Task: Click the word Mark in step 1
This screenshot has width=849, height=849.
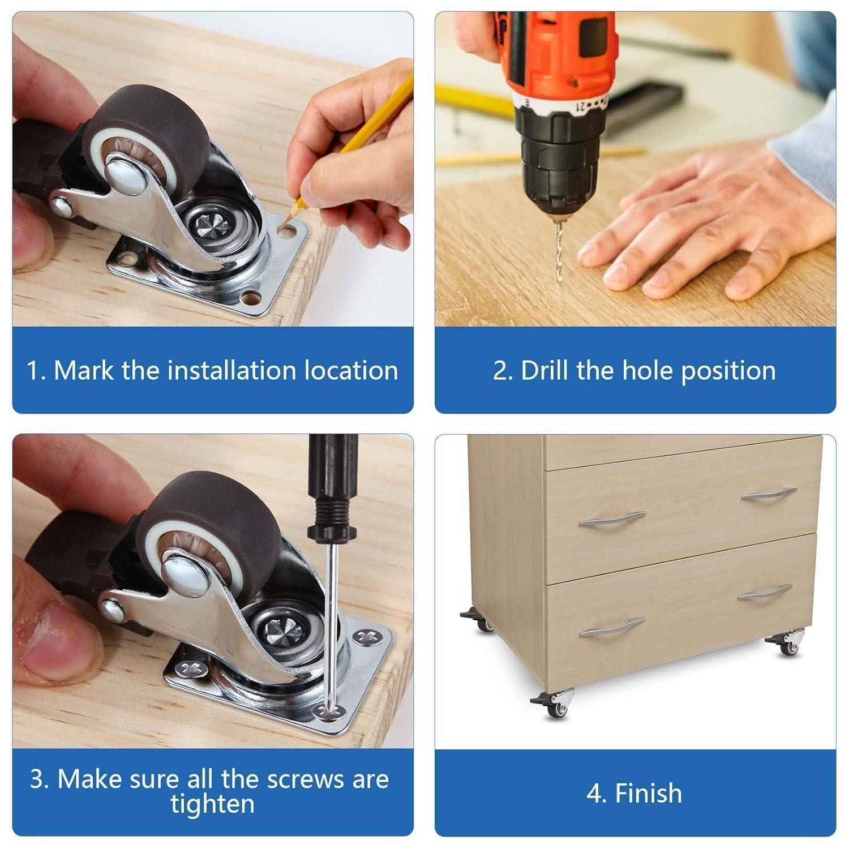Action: click(x=84, y=371)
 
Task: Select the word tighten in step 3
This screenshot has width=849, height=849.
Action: click(x=212, y=804)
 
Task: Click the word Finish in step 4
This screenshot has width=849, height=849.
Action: click(x=649, y=793)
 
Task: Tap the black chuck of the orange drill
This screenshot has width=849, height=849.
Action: click(x=558, y=156)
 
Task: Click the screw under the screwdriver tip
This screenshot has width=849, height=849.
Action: click(x=327, y=711)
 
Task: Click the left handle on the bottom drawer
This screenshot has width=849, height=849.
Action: click(x=611, y=627)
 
